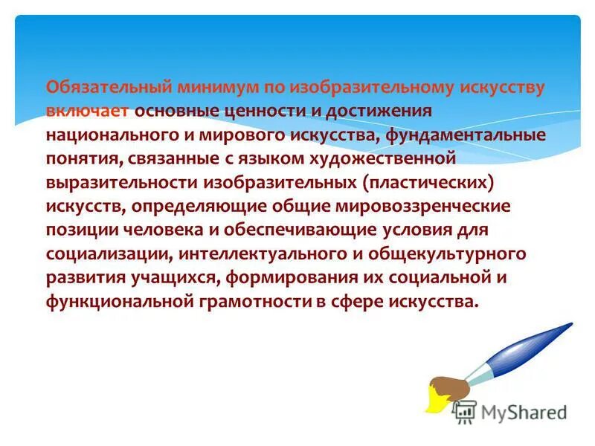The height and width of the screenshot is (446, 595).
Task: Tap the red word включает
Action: (x=89, y=111)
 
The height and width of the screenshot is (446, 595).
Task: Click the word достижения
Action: (x=374, y=111)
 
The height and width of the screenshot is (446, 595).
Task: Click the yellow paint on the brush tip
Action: (x=434, y=402)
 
